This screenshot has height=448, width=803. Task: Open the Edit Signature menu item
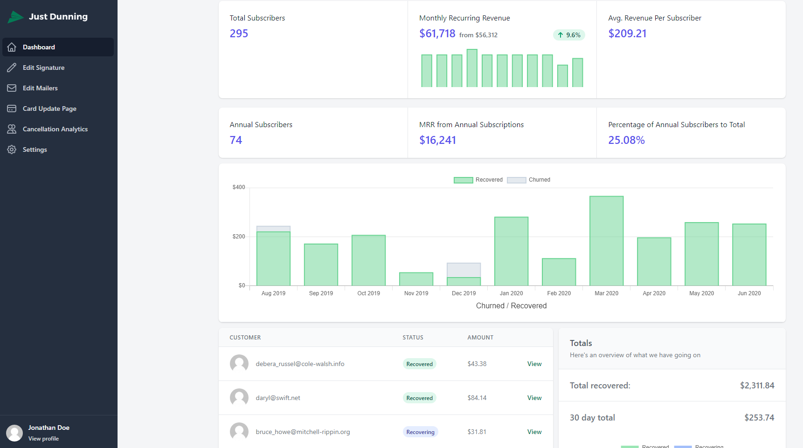(x=43, y=68)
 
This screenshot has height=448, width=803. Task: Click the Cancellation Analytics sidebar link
(x=55, y=129)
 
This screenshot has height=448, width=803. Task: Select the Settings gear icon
(x=12, y=149)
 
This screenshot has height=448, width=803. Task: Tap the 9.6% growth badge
(x=569, y=35)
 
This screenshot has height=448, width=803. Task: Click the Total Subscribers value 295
(x=239, y=34)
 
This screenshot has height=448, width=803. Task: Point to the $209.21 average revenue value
(x=627, y=34)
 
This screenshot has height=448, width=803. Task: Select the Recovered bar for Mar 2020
(x=606, y=241)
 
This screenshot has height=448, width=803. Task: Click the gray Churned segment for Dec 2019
(x=464, y=270)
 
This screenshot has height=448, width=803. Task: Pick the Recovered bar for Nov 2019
(x=416, y=279)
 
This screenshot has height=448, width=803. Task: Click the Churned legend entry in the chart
(x=528, y=180)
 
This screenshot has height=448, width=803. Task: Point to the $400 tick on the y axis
(x=239, y=187)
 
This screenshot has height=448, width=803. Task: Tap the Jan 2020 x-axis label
(x=511, y=293)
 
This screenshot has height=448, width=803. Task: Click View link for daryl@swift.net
(x=534, y=398)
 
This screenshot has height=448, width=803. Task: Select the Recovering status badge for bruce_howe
(x=420, y=432)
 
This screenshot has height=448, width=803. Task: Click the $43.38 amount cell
(x=477, y=364)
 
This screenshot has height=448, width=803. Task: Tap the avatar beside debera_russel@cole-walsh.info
(x=239, y=364)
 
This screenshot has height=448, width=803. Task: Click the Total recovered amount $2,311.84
(x=757, y=386)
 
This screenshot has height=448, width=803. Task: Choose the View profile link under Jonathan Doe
(x=43, y=439)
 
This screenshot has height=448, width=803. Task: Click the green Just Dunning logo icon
(x=15, y=17)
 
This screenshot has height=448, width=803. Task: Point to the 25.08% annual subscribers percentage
(x=626, y=140)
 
